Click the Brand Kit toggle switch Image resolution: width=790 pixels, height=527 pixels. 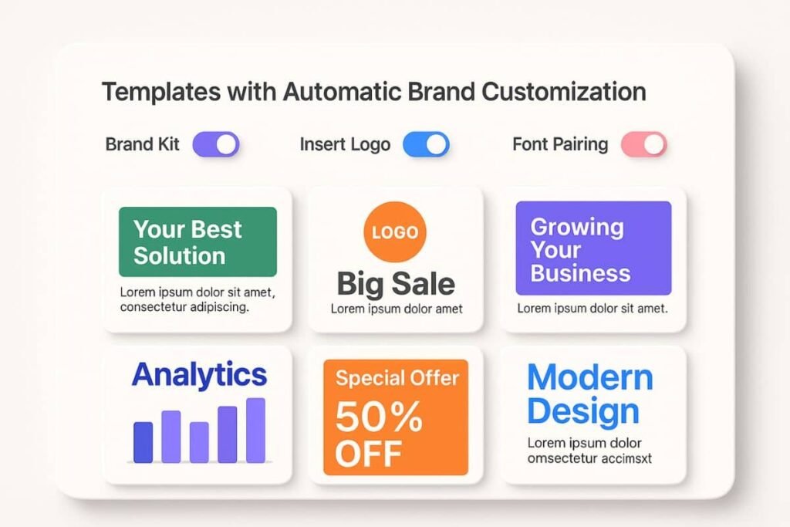point(215,144)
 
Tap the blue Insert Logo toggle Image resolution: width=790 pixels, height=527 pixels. point(425,144)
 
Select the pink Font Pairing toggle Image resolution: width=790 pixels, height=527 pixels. point(643,144)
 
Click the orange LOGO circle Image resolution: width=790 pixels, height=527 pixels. point(394,232)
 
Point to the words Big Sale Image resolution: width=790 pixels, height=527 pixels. point(396,284)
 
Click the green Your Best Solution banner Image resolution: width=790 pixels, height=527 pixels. point(197,242)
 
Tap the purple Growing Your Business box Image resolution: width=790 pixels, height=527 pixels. point(593,248)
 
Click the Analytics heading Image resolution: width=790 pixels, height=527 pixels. point(199,375)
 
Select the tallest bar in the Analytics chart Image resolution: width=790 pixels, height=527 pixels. point(255,430)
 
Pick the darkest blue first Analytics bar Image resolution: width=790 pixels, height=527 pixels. point(143,442)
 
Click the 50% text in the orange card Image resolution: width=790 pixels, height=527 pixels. point(379,418)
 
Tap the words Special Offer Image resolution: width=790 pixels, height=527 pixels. point(397,378)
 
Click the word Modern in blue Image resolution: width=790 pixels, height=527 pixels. point(590,378)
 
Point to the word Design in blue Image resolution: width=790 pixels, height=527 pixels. point(583,411)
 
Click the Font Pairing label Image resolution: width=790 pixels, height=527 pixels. point(560,144)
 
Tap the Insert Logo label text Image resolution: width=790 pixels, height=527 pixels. point(345,144)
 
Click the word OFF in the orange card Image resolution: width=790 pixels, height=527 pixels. point(369,454)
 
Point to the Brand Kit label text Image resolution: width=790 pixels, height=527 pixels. point(142,144)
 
